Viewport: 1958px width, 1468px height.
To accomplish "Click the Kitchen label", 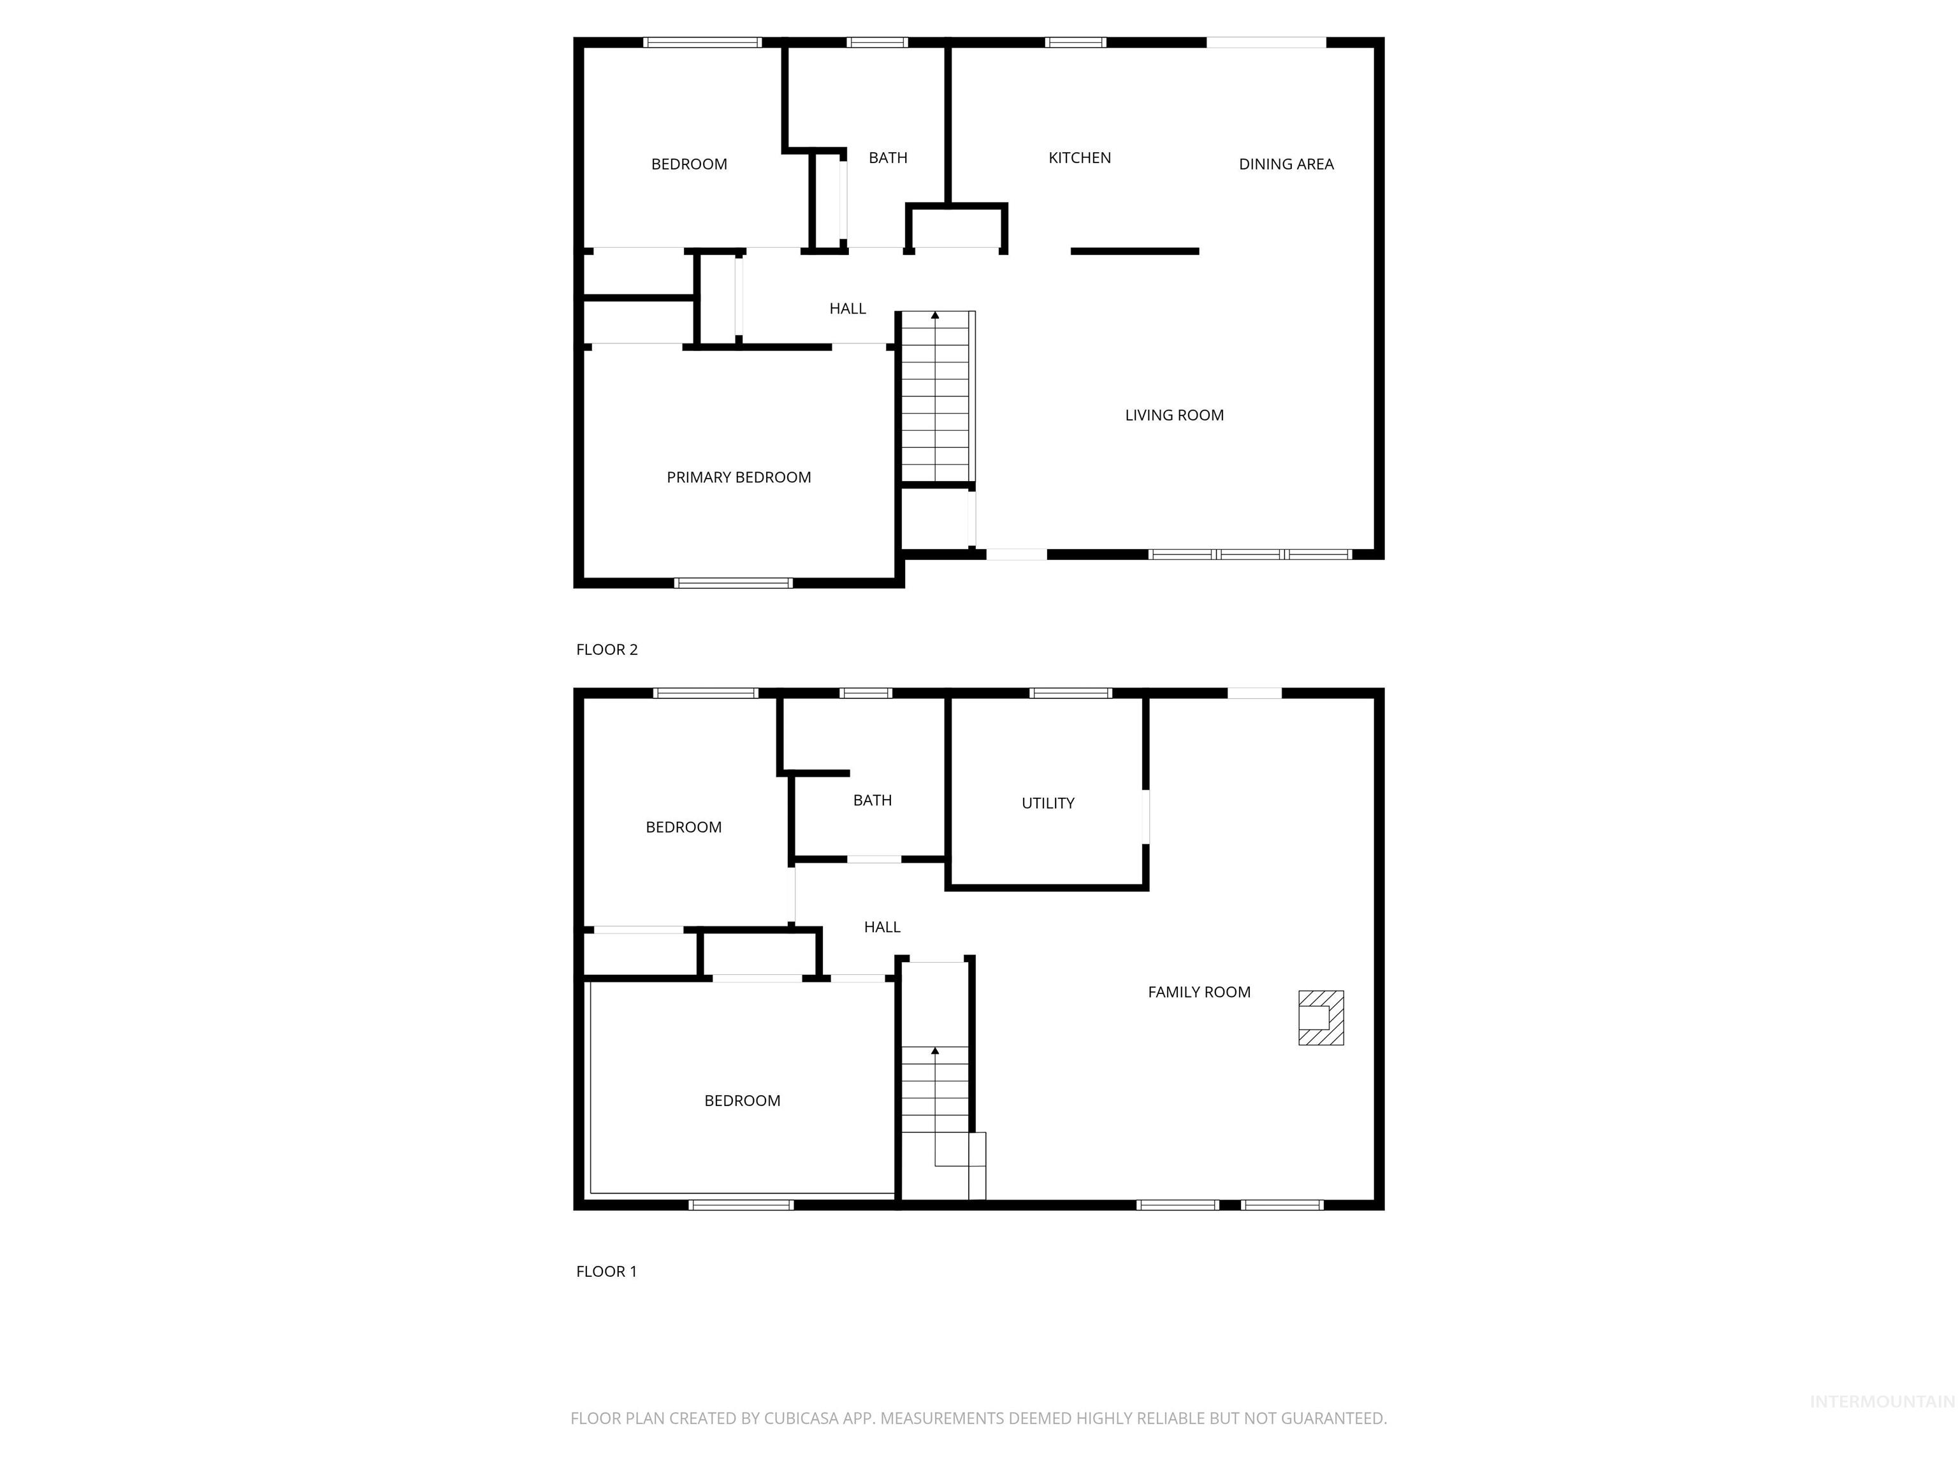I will pyautogui.click(x=1079, y=157).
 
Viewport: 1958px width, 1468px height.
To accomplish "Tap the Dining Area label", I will pyautogui.click(x=1286, y=164).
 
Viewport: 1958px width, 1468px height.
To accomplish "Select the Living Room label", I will pyautogui.click(x=1174, y=415).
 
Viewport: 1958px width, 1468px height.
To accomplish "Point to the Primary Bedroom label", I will pyautogui.click(x=738, y=478).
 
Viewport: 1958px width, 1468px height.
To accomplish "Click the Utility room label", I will pyautogui.click(x=1047, y=803).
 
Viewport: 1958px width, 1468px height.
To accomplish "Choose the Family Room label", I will pyautogui.click(x=1198, y=993).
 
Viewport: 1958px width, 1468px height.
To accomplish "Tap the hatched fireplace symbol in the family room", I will pyautogui.click(x=1321, y=1018).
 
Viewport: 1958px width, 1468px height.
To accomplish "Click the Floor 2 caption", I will pyautogui.click(x=606, y=649).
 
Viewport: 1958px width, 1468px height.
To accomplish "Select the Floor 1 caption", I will pyautogui.click(x=606, y=1272).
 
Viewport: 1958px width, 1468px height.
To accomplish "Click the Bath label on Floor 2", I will pyautogui.click(x=888, y=157).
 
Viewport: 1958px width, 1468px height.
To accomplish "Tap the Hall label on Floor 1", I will pyautogui.click(x=881, y=927).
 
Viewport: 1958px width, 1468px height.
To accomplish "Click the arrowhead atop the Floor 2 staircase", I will pyautogui.click(x=935, y=315).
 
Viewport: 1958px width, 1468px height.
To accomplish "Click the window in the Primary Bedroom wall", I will pyautogui.click(x=733, y=582).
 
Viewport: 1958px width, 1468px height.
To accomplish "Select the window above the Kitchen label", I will pyautogui.click(x=1075, y=41).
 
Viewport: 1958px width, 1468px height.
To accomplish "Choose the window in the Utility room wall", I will pyautogui.click(x=1070, y=693).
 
